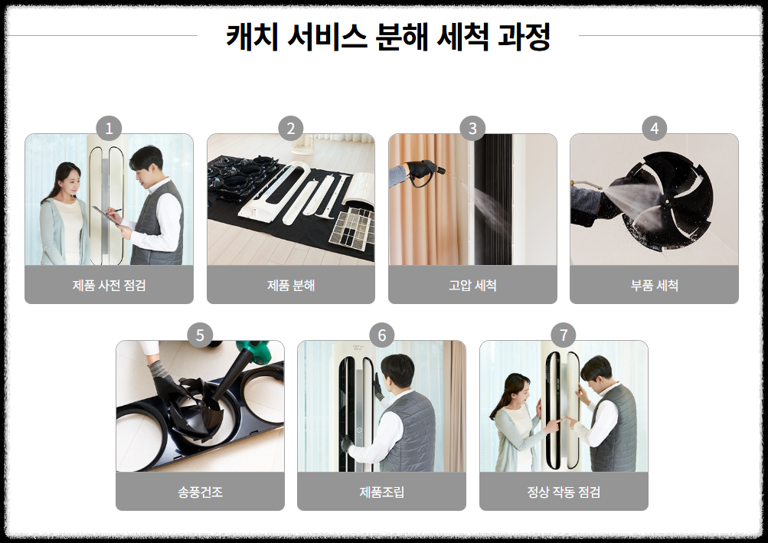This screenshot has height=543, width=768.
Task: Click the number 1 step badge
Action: coord(109,129)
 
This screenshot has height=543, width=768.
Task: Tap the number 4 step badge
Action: coord(655,129)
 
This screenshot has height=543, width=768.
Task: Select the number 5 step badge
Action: coord(200,335)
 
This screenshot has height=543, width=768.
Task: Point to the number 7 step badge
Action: coord(564,335)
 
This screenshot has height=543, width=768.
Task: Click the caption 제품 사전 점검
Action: coord(109,285)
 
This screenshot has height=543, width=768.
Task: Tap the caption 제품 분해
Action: coord(291,285)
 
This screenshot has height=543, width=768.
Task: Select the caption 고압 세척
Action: coord(472,285)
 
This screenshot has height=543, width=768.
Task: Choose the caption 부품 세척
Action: coord(655,285)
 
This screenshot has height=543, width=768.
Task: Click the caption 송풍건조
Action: coord(200,492)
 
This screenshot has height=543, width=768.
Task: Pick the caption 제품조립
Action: coord(381,492)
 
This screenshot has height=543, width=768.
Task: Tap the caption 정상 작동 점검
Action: coord(564,492)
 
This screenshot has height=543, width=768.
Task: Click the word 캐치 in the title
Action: coord(252,37)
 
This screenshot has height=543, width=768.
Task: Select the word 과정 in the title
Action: coord(524,37)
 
